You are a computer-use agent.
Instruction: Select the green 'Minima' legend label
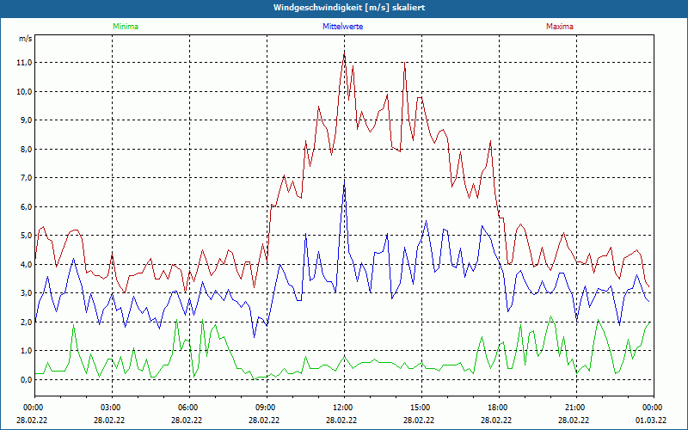pyautogui.click(x=125, y=27)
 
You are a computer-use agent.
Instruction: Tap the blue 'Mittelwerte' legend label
pyautogui.click(x=343, y=27)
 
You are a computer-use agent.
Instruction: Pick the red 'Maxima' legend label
pyautogui.click(x=559, y=27)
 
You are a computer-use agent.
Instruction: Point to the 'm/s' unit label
pyautogui.click(x=25, y=39)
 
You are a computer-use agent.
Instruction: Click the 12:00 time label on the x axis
pyautogui.click(x=343, y=408)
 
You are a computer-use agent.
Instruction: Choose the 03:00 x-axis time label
pyautogui.click(x=111, y=408)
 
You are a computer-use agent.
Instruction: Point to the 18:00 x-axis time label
pyautogui.click(x=498, y=408)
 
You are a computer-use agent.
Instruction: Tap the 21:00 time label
pyautogui.click(x=575, y=408)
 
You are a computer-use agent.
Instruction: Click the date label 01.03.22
pyautogui.click(x=651, y=421)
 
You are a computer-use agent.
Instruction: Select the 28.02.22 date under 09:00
pyautogui.click(x=265, y=421)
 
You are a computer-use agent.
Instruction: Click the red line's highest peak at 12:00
pyautogui.click(x=344, y=52)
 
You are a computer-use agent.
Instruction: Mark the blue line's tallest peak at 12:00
pyautogui.click(x=344, y=184)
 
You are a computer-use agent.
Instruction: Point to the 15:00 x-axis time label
pyautogui.click(x=421, y=408)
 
